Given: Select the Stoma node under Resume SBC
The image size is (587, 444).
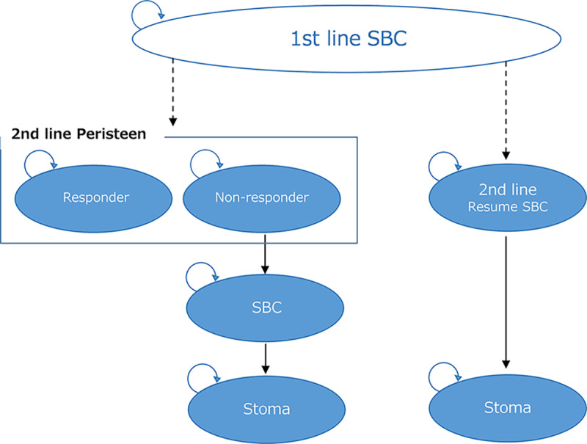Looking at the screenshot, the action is (506, 407).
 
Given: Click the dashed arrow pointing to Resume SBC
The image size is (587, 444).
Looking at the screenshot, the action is (506, 110).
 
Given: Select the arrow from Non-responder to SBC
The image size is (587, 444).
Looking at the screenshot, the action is (265, 258).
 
